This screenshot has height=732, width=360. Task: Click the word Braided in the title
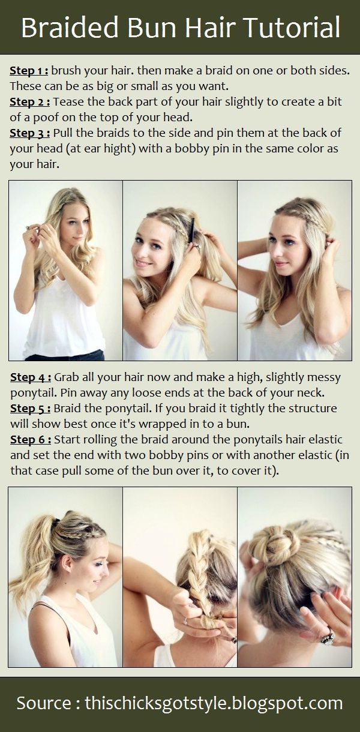pyautogui.click(x=70, y=28)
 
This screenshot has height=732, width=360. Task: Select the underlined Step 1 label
pyautogui.click(x=29, y=71)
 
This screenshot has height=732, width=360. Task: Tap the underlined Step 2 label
pyautogui.click(x=30, y=102)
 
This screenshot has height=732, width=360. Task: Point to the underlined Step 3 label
pyautogui.click(x=30, y=133)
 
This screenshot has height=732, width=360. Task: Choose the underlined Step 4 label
pyautogui.click(x=31, y=377)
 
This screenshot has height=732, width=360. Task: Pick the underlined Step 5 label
pyautogui.click(x=30, y=409)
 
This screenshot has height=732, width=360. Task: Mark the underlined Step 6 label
pyautogui.click(x=31, y=440)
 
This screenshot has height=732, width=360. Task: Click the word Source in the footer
pyautogui.click(x=43, y=703)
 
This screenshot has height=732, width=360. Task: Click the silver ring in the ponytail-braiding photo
pyautogui.click(x=185, y=620)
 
